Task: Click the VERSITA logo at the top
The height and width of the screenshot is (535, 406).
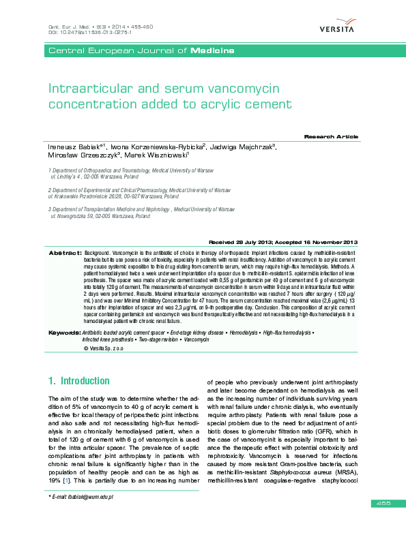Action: tap(337, 27)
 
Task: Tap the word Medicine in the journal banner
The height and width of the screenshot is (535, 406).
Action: tap(212, 51)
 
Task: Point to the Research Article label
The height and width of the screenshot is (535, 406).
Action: tap(330, 137)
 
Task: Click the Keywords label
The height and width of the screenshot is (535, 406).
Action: tap(64, 332)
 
